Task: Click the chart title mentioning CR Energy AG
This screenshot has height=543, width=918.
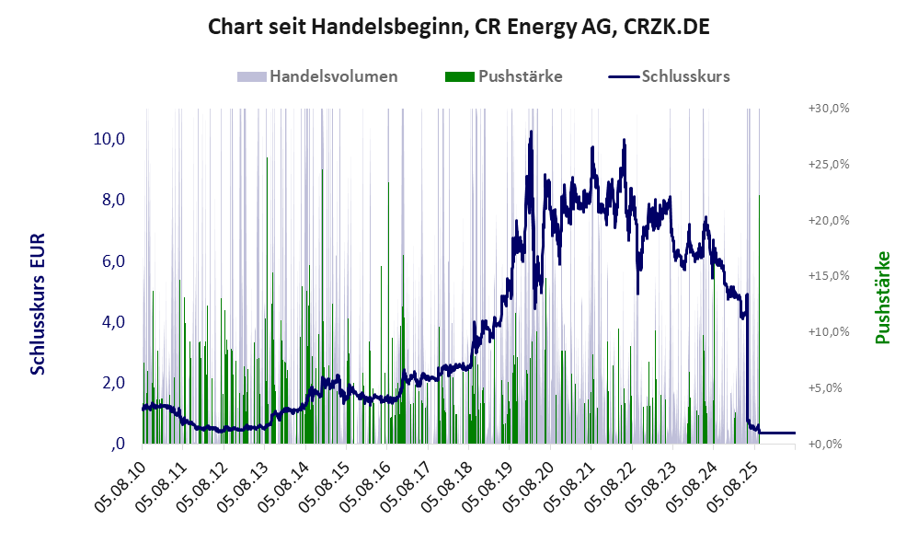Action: [458, 27]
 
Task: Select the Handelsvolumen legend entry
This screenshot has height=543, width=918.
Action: [317, 76]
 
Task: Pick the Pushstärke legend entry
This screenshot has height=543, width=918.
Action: [503, 76]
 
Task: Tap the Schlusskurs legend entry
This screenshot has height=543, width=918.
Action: [669, 76]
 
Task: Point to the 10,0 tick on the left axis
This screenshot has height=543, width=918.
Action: [109, 139]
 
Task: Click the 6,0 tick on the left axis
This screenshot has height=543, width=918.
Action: [113, 260]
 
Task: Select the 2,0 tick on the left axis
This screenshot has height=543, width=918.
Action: [113, 383]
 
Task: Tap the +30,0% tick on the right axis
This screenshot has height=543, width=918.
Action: [829, 109]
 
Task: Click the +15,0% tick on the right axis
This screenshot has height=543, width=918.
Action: [829, 276]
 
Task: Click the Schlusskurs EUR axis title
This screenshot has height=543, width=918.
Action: [38, 304]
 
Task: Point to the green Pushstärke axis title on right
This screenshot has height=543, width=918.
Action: [883, 297]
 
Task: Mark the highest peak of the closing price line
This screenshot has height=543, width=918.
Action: [531, 132]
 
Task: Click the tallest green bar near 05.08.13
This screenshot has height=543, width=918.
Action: [267, 301]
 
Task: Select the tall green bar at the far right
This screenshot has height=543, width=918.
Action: [760, 319]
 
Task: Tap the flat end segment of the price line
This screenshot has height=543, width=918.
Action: [777, 433]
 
